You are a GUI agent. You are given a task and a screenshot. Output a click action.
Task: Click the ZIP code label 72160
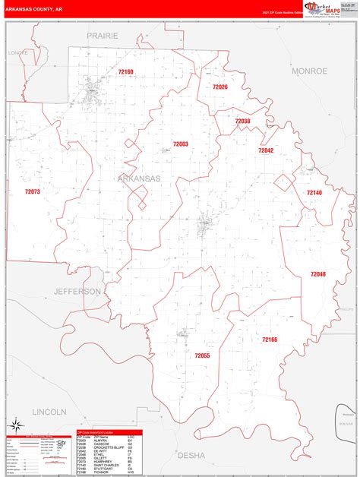coord(125,72)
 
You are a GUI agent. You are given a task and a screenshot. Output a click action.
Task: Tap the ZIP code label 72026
coord(220,87)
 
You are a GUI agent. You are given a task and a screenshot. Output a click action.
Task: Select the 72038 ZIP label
coord(242,122)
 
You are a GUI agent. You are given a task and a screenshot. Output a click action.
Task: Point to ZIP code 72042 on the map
coord(265,150)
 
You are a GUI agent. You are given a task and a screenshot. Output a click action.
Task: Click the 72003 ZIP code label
coord(180,144)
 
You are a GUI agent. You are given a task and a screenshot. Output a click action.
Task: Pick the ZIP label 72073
coord(32,192)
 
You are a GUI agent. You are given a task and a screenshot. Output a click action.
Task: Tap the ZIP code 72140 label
coord(314,194)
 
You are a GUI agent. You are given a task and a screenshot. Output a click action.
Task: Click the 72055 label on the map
coord(201,355)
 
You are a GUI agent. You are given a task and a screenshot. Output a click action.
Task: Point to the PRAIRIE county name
coord(103,36)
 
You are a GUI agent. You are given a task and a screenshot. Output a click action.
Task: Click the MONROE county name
coord(309,71)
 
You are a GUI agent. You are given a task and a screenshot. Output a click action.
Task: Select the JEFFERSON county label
coord(77,292)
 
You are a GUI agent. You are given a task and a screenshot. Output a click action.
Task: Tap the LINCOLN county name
coord(49,411)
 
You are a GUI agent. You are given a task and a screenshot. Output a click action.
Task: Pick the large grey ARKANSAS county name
coord(139,178)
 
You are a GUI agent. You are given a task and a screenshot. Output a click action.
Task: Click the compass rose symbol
coord(13,423)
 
